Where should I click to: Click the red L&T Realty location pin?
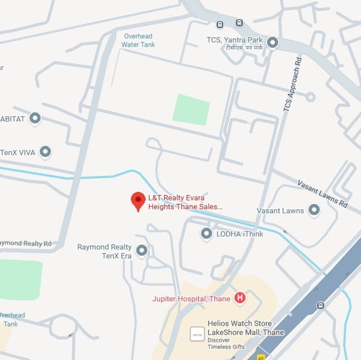(x=138, y=201)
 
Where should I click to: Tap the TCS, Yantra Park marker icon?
(x=272, y=43)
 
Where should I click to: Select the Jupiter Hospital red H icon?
(x=240, y=298)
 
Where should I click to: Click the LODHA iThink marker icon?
(x=206, y=233)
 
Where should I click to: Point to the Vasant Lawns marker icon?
(x=314, y=210)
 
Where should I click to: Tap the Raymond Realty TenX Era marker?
(x=142, y=250)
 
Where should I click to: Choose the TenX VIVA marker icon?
(x=45, y=152)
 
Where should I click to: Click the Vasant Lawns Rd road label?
(x=322, y=194)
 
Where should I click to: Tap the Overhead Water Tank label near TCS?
(x=138, y=40)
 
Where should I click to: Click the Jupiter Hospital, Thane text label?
(x=191, y=299)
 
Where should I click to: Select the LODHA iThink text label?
(x=240, y=234)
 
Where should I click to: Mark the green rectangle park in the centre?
(x=191, y=109)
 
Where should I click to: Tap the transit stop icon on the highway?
(x=320, y=305)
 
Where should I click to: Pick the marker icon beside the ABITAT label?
(x=35, y=118)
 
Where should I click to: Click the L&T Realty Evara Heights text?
(x=185, y=202)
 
